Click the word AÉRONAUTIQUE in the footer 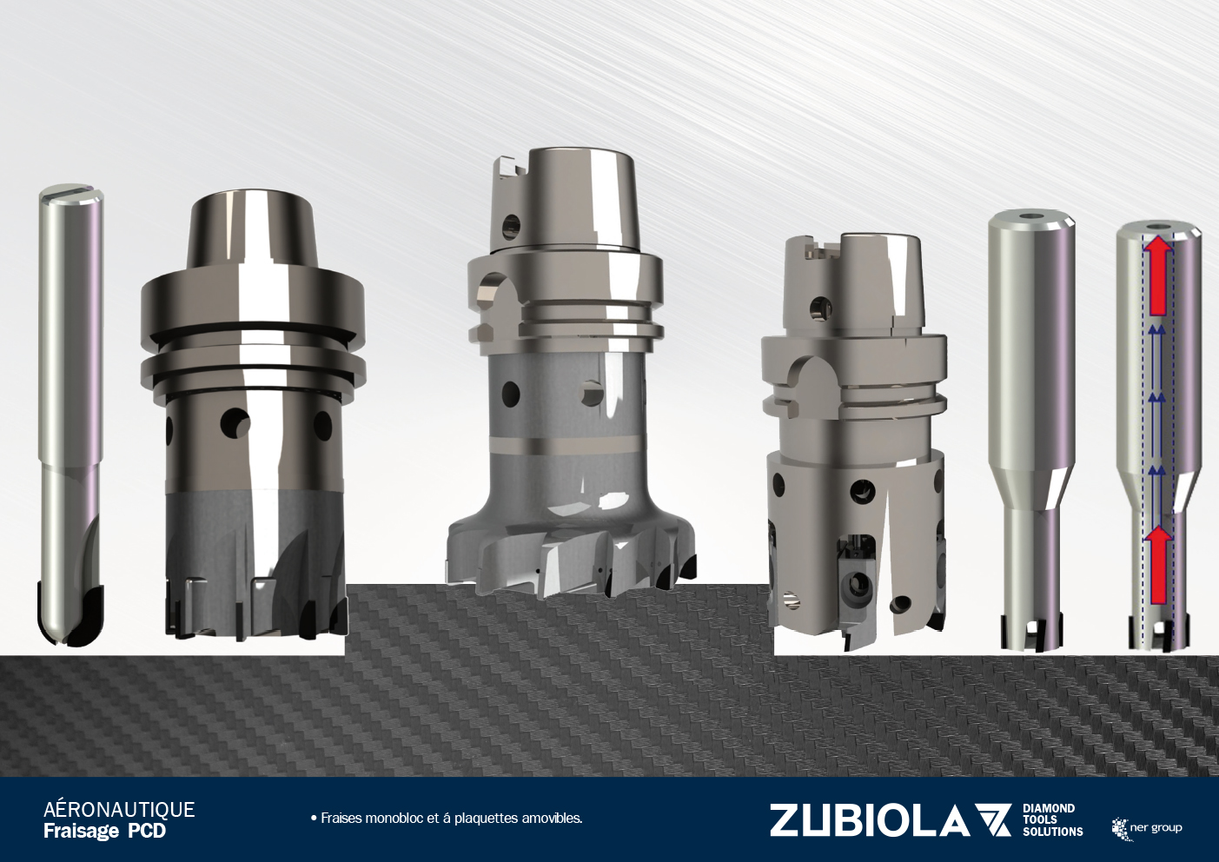(x=119, y=809)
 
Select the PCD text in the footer (x=147, y=832)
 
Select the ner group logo (x=1147, y=829)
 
